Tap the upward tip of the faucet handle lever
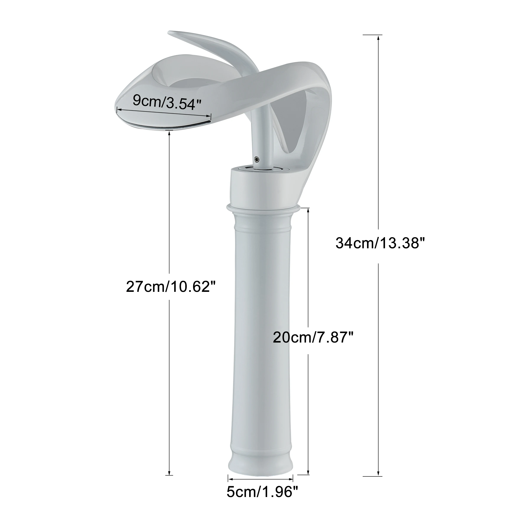tap(171, 33)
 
